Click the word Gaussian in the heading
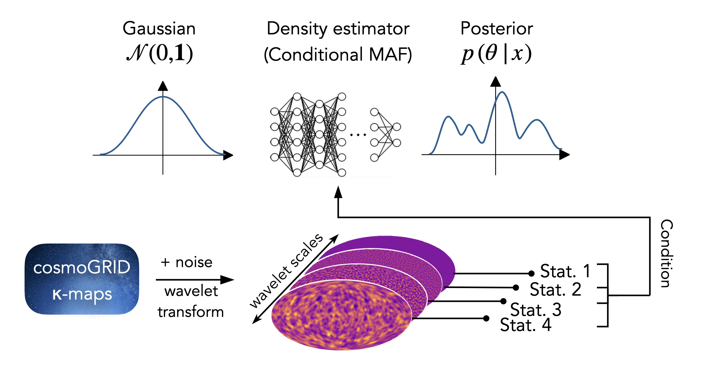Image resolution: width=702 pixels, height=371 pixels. point(159,29)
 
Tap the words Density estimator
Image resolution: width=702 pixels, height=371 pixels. point(338,29)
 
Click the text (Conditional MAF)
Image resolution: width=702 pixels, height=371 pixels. point(338,54)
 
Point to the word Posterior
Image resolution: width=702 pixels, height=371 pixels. point(496,29)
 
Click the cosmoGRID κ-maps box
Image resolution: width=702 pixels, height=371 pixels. point(82,279)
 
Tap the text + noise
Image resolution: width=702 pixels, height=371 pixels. point(187,263)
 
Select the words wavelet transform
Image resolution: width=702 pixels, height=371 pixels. point(191,302)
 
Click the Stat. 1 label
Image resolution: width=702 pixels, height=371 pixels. point(565,271)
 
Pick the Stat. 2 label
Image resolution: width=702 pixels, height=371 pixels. point(555,290)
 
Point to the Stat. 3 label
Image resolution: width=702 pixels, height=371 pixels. point(536,310)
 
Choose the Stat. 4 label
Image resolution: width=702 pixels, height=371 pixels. point(526,325)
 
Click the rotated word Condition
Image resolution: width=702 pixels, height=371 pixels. point(666,253)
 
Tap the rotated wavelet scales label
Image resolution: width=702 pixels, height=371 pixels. point(286,271)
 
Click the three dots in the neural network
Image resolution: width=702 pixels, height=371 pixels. point(358,135)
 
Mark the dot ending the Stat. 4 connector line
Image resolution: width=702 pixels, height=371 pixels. point(486,318)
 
